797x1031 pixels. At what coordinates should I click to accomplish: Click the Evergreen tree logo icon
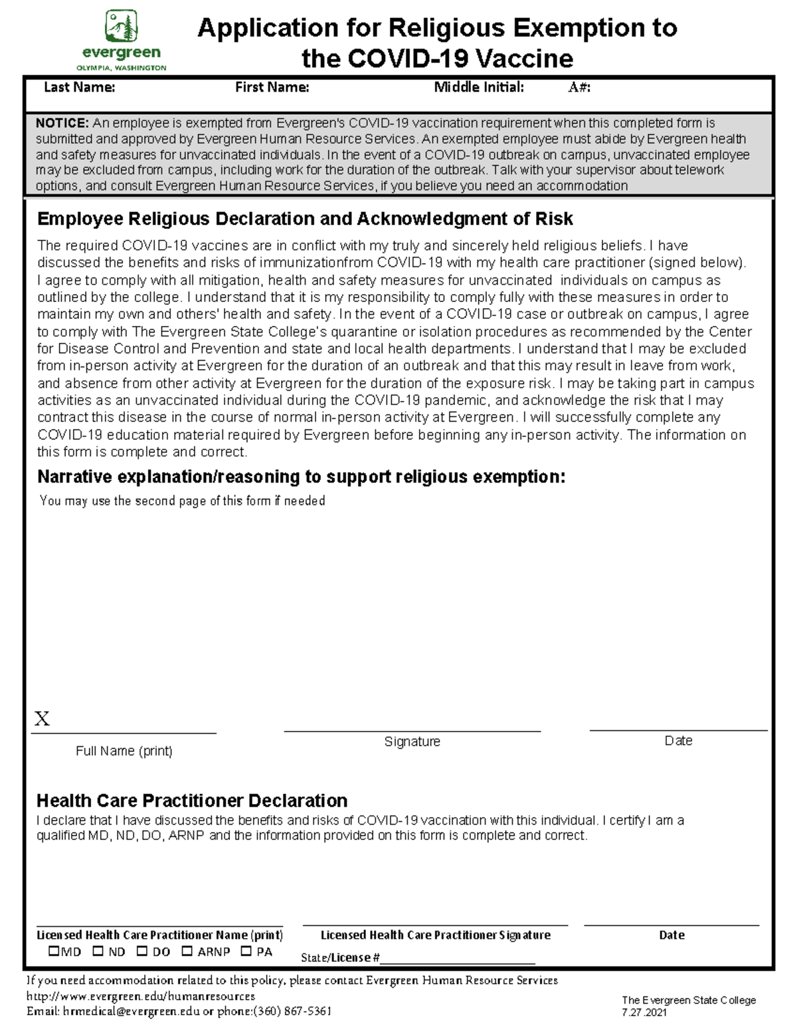tap(122, 27)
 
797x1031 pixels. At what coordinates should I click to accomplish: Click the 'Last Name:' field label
tap(79, 88)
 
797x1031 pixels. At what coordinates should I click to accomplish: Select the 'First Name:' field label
tap(272, 88)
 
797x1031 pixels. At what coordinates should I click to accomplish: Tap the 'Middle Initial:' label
tap(478, 88)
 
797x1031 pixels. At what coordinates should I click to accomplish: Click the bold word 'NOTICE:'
tap(62, 123)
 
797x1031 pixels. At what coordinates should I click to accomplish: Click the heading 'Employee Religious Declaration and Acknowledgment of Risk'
tap(305, 219)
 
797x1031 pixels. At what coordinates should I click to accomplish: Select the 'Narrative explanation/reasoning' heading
tap(301, 477)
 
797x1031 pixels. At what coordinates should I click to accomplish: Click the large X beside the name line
tap(42, 719)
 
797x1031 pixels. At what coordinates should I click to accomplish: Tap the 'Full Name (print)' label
tap(124, 751)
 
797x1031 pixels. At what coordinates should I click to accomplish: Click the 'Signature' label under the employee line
tap(412, 742)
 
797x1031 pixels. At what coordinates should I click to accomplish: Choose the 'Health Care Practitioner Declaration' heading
tap(192, 800)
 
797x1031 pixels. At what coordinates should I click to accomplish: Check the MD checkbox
tap(54, 951)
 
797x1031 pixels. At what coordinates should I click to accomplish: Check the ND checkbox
tap(98, 951)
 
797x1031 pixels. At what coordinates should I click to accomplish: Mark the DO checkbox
tap(142, 951)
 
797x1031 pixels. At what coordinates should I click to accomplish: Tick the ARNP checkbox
tap(187, 951)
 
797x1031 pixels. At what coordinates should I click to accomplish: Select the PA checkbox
tap(246, 951)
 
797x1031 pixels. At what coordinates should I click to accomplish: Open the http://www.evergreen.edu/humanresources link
tap(140, 996)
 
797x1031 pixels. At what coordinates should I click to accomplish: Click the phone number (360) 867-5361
tap(292, 1011)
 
